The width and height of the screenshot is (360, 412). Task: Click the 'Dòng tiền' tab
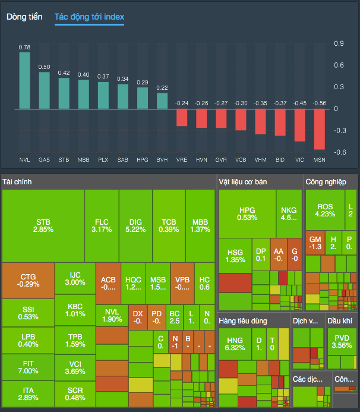(24, 17)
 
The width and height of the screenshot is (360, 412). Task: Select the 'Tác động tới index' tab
(89, 17)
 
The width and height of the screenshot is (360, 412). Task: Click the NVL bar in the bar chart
(24, 80)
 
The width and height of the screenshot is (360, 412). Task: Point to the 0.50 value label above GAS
(44, 67)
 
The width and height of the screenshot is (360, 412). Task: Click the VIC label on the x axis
(300, 160)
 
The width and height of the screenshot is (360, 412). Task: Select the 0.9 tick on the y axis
(339, 43)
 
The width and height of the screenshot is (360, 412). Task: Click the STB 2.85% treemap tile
(43, 225)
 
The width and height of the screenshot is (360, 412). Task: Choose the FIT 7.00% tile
(28, 367)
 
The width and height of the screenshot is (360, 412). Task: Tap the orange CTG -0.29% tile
(28, 280)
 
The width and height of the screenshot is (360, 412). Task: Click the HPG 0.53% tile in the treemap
(247, 213)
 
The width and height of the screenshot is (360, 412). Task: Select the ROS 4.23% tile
(325, 210)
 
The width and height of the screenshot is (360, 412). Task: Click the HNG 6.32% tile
(235, 344)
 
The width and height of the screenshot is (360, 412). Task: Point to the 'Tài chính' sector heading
(17, 181)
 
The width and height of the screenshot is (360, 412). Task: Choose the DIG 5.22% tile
(135, 225)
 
